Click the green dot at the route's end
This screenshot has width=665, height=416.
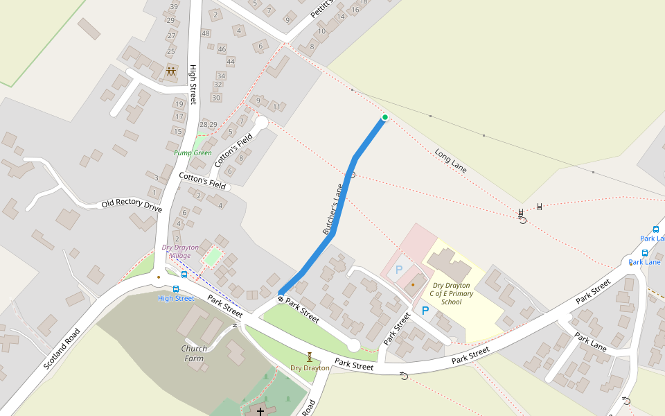point(384,117)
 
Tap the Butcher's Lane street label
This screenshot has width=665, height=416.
point(333,209)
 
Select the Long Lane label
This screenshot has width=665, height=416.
point(450,160)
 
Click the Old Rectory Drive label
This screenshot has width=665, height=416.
point(132,205)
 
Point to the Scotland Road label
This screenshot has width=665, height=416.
point(62,348)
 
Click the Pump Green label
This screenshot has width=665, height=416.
point(193,153)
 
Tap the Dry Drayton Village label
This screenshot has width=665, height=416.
point(180,251)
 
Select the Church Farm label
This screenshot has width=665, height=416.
point(194,353)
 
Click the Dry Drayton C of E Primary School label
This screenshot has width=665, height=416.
point(451,293)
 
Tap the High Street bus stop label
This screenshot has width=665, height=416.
point(176,298)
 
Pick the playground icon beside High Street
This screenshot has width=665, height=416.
point(171,71)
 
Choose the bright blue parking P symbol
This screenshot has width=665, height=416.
point(425,311)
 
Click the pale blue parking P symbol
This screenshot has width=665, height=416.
point(398,269)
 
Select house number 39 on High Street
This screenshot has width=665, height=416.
point(173,6)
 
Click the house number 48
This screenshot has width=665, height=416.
point(206,33)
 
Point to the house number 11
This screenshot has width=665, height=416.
point(276,107)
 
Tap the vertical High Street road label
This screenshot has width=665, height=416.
point(193,85)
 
